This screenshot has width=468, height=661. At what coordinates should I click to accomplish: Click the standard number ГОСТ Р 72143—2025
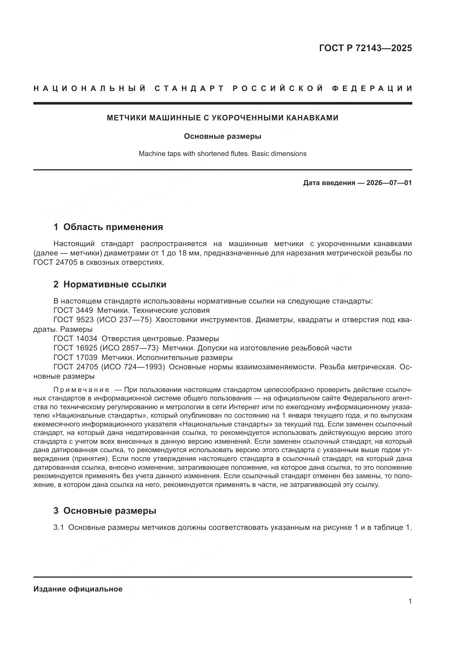tap(365, 48)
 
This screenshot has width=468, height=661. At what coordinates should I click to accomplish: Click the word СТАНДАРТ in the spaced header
tap(189, 88)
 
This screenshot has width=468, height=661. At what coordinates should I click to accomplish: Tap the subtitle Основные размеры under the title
tap(222, 136)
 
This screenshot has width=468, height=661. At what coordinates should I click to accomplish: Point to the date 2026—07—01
tap(389, 183)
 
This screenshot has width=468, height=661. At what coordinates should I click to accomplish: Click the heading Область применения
tap(113, 227)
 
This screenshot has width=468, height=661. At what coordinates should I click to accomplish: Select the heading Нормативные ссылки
tap(115, 285)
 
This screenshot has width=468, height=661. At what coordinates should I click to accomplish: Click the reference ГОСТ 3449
tap(73, 310)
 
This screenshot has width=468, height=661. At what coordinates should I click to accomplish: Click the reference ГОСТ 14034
tap(75, 339)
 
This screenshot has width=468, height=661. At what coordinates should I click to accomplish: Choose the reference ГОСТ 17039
tap(75, 357)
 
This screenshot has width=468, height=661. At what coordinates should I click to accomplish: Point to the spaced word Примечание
tap(81, 390)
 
